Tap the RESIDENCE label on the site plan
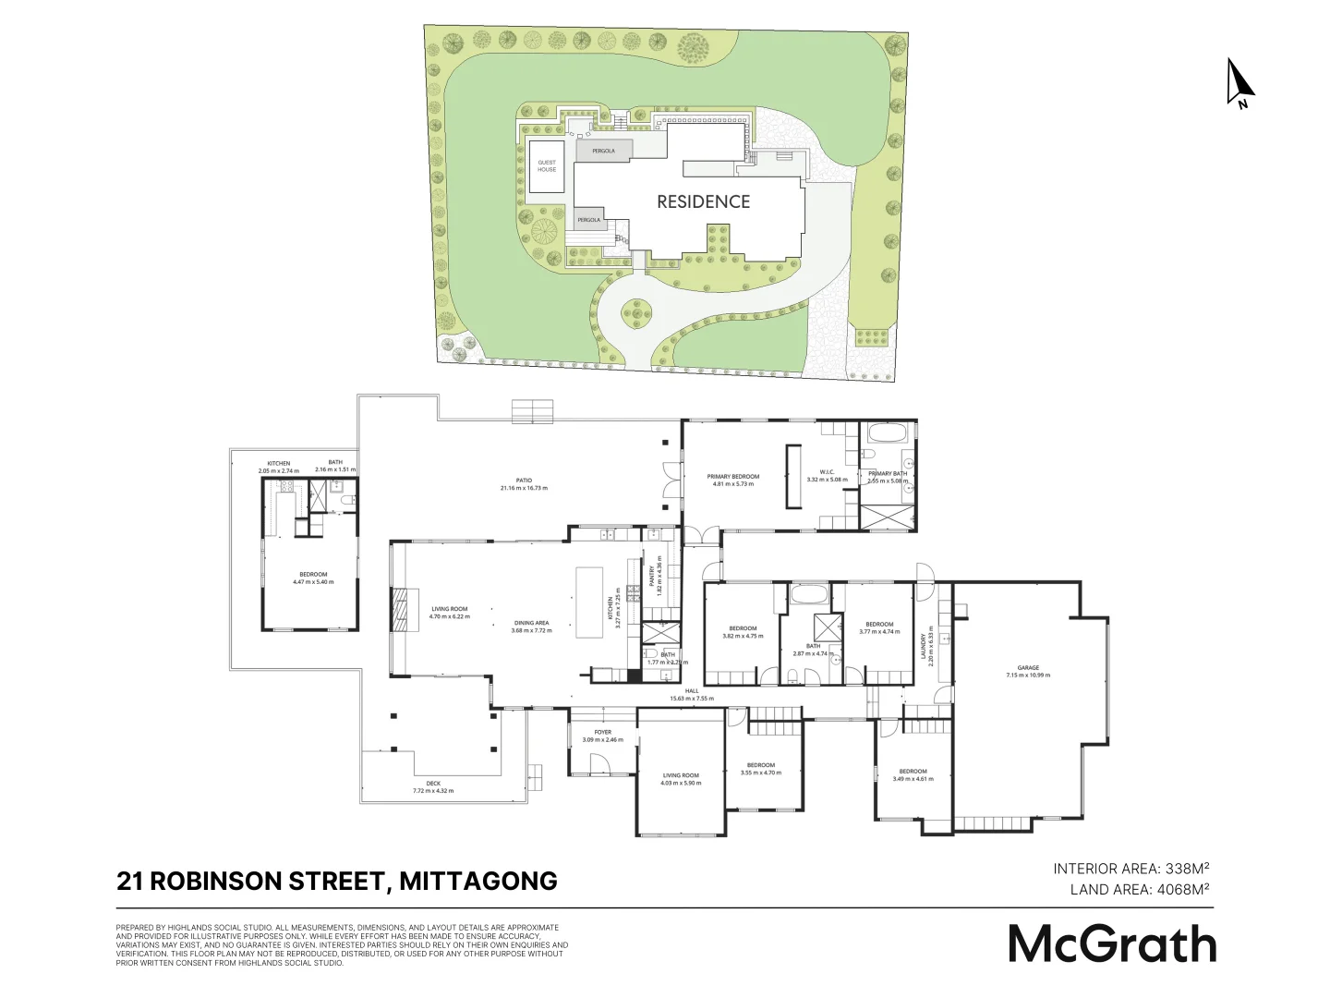(703, 201)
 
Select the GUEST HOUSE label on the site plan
(547, 166)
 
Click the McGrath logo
(1111, 943)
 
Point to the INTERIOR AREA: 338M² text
(1131, 869)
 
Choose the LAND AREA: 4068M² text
(1140, 890)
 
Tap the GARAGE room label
(1028, 667)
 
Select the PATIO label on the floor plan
(524, 481)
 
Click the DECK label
(433, 784)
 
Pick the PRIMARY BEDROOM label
(732, 477)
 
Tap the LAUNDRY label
(923, 647)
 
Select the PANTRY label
(652, 578)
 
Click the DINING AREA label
(531, 624)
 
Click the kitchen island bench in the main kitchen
(588, 602)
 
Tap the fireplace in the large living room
(400, 610)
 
